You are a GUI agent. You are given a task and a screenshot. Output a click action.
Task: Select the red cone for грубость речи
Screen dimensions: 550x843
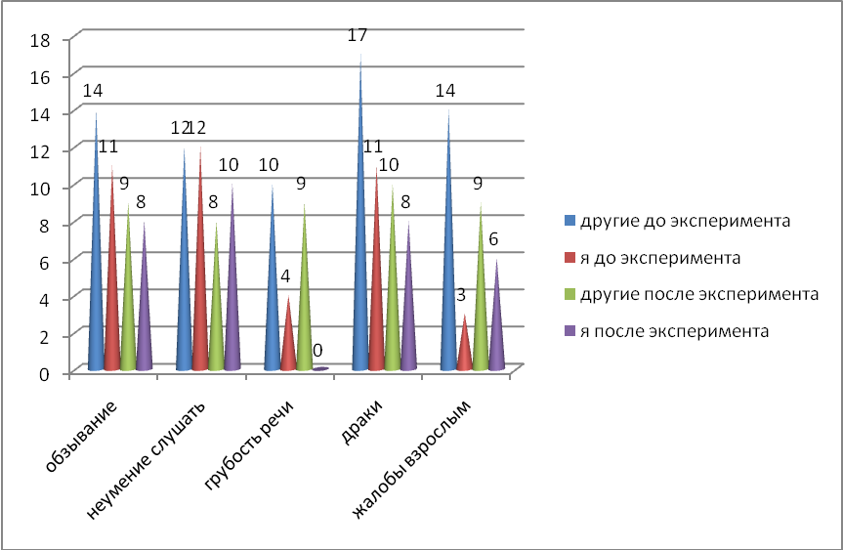point(287,342)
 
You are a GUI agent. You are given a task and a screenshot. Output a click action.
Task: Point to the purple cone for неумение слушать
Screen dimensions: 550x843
point(232,293)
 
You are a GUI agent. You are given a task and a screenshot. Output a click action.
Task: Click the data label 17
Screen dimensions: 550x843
point(358,36)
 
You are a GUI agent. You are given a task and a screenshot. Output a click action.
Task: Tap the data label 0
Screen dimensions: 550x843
point(317,349)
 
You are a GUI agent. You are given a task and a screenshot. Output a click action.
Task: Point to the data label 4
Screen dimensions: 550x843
point(286,276)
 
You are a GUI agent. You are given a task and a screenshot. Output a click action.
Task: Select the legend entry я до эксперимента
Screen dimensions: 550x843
point(660,259)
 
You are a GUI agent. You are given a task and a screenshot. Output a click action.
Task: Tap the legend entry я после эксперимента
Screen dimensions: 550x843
point(668,331)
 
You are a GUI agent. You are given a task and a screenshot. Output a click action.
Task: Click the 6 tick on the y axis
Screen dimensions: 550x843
point(45,262)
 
